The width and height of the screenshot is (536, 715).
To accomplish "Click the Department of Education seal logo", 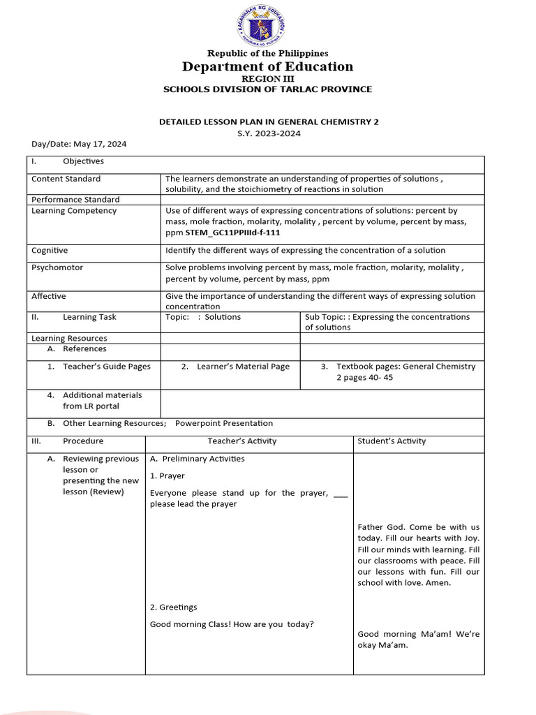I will (x=267, y=25).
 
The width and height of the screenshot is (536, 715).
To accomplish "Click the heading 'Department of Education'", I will (x=267, y=67).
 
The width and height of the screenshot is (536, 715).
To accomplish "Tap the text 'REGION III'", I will (x=267, y=79).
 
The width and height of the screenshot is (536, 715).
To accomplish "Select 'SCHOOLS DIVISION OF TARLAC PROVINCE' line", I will (x=267, y=89).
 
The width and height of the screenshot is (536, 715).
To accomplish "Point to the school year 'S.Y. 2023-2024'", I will (x=269, y=133).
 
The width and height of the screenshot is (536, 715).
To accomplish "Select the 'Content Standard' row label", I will (x=66, y=179).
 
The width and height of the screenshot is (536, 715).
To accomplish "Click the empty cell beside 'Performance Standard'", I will (x=322, y=199).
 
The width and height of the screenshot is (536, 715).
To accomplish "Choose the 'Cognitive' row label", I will (x=50, y=250).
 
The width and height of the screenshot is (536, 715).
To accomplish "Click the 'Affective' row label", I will (x=49, y=296).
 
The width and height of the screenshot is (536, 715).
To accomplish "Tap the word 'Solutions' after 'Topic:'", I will (x=223, y=317).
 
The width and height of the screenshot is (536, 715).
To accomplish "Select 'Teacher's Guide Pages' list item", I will (x=106, y=367).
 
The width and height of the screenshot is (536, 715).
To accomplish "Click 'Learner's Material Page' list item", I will (x=243, y=367).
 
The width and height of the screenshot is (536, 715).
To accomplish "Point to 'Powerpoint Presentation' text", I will (x=224, y=423).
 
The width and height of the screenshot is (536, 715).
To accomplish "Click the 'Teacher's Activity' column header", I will (x=242, y=441).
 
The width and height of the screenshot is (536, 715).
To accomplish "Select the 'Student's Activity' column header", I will (x=392, y=441).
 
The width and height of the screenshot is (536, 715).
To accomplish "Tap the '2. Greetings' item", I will (x=174, y=607).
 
